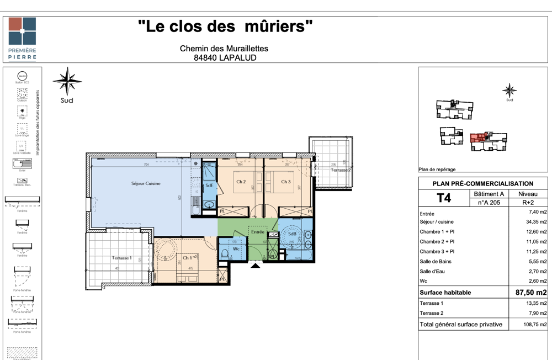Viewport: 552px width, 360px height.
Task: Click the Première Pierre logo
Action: (x=22, y=38)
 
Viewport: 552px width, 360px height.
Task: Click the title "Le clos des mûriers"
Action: (x=225, y=27)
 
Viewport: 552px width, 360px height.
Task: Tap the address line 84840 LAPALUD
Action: (x=225, y=57)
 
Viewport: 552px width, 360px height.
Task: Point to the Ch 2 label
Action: (x=241, y=182)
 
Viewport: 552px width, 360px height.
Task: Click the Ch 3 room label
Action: (x=285, y=182)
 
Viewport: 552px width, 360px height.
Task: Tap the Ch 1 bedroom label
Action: (x=187, y=258)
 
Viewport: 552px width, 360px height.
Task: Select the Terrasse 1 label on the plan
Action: (x=121, y=258)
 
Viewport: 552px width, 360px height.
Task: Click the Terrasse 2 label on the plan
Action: (x=341, y=170)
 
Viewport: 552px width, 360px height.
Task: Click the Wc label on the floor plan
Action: (x=236, y=249)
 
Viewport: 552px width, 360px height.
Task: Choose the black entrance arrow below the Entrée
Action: (x=255, y=266)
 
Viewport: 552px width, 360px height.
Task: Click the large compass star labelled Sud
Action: (x=67, y=81)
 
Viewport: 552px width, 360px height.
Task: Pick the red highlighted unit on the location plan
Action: (x=478, y=138)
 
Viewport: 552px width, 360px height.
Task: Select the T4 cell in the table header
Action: (x=443, y=198)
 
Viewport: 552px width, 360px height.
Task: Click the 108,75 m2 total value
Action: (x=535, y=325)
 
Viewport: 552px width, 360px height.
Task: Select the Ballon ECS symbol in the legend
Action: (x=22, y=76)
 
